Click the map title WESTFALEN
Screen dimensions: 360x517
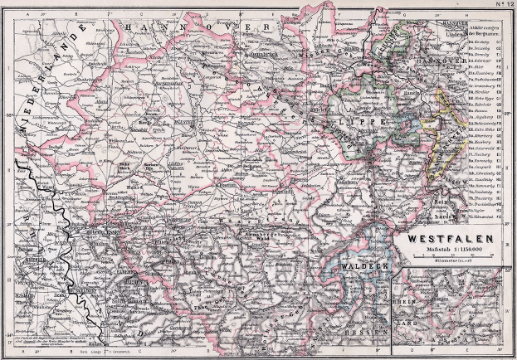point(452,236)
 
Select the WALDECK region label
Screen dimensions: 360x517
point(358,265)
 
